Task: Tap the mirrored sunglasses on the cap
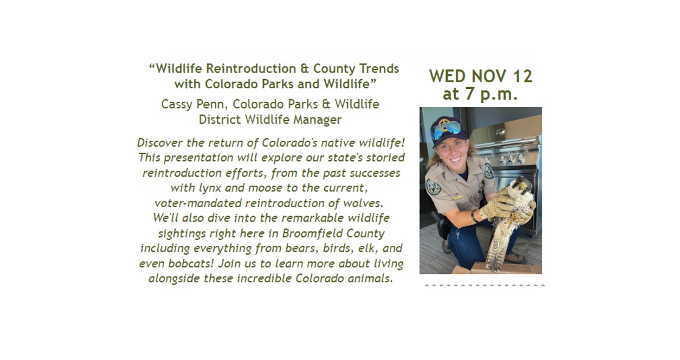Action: pos(445,129)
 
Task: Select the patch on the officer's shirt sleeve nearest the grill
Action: pos(489,171)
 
